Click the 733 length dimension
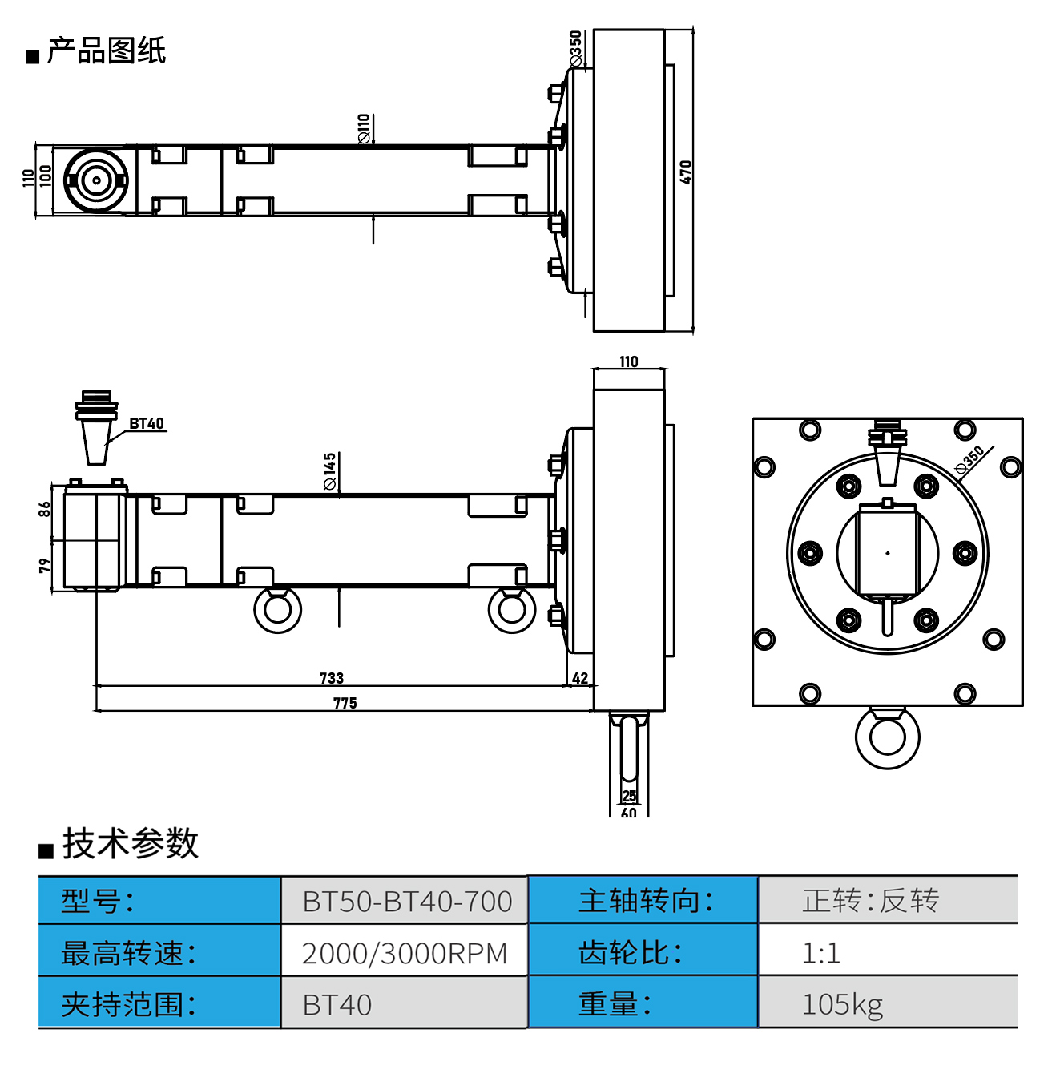[x=332, y=678]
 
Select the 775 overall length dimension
[x=345, y=703]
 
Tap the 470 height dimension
[x=686, y=172]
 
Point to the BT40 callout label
[x=147, y=423]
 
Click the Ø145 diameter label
[x=330, y=471]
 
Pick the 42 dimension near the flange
[x=580, y=678]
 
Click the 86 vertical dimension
[x=45, y=509]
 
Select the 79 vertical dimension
[x=45, y=566]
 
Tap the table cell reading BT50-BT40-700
[x=407, y=902]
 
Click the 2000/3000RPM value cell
[x=405, y=954]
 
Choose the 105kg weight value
[x=842, y=1004]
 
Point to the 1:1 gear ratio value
[x=821, y=953]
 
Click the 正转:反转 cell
[x=870, y=901]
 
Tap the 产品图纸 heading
[x=106, y=51]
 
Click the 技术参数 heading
[x=130, y=843]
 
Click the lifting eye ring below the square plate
[x=888, y=738]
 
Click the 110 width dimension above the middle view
[x=629, y=361]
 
